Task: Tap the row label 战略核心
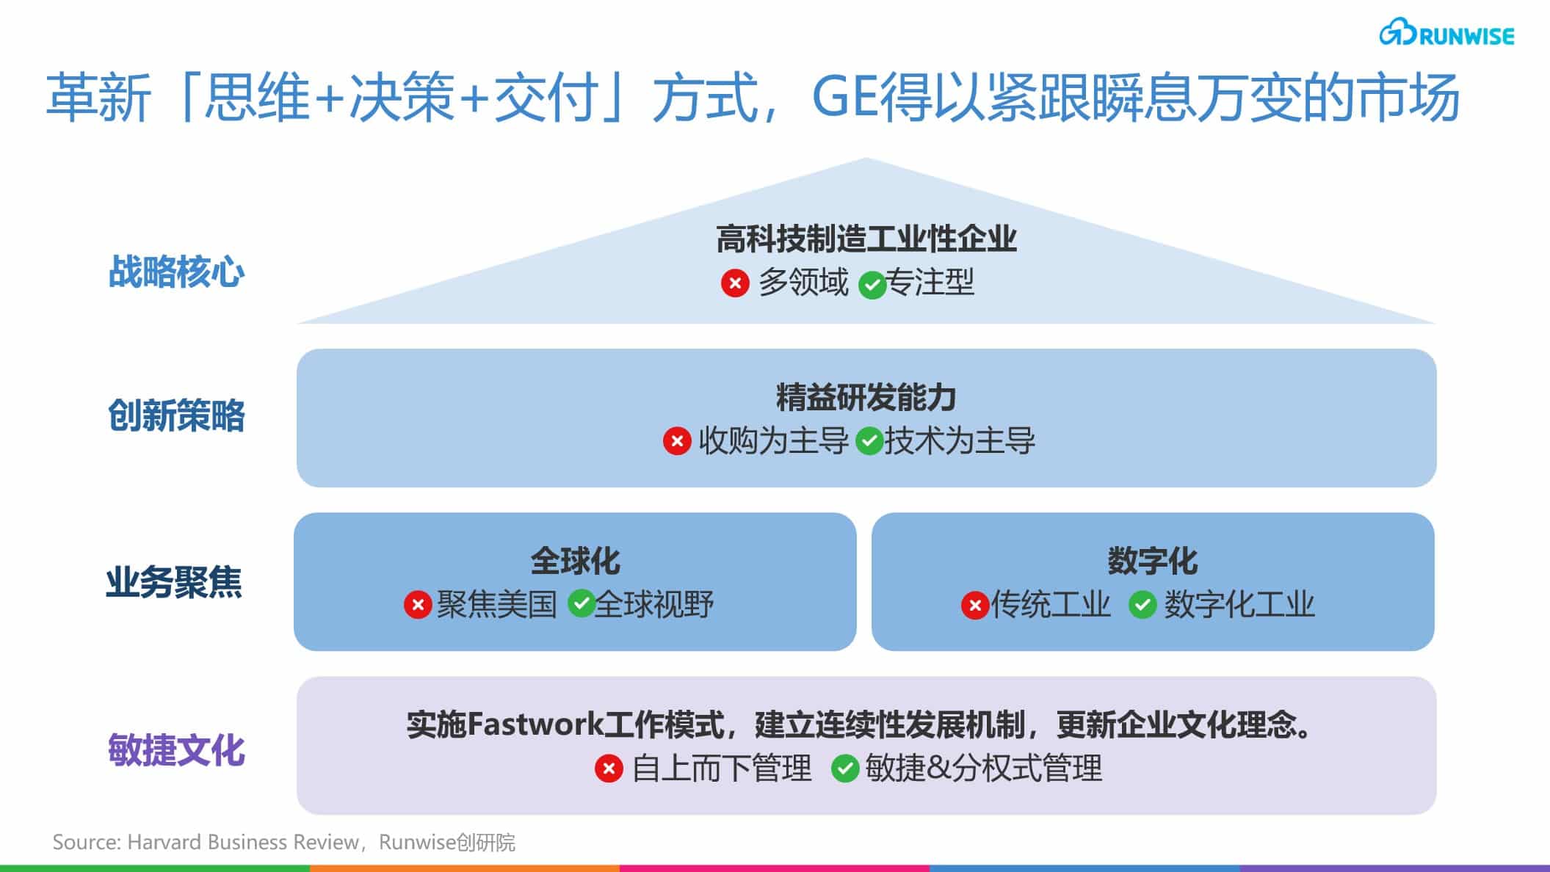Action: pyautogui.click(x=176, y=272)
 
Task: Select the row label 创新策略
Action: pyautogui.click(x=176, y=416)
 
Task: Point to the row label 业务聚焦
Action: pyautogui.click(x=174, y=584)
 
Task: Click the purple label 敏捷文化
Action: pyautogui.click(x=176, y=750)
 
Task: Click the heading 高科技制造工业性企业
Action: pyautogui.click(x=866, y=239)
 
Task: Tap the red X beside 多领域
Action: pyautogui.click(x=734, y=283)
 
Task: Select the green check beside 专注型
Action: pyautogui.click(x=872, y=285)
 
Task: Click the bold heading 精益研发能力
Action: pyautogui.click(x=866, y=398)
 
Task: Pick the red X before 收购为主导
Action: pyautogui.click(x=677, y=442)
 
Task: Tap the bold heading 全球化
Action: pyautogui.click(x=576, y=562)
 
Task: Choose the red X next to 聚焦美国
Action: pyautogui.click(x=418, y=606)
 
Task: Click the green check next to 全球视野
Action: pyautogui.click(x=581, y=604)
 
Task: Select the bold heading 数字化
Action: pyautogui.click(x=1153, y=562)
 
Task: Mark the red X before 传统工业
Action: pyautogui.click(x=975, y=606)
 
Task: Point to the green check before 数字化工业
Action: pyautogui.click(x=1142, y=606)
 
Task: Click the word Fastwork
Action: pyautogui.click(x=535, y=725)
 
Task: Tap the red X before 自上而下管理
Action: pyautogui.click(x=609, y=769)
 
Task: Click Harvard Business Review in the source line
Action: pyautogui.click(x=243, y=842)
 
